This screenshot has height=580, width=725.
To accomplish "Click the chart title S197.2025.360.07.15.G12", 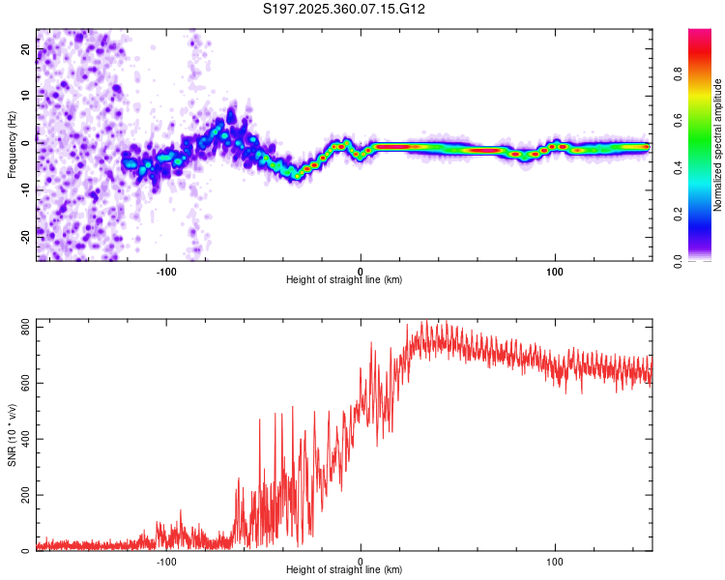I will pyautogui.click(x=345, y=9).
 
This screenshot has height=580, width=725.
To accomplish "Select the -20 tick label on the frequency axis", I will pyautogui.click(x=25, y=233).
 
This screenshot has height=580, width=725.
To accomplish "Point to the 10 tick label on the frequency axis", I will pyautogui.click(x=25, y=95).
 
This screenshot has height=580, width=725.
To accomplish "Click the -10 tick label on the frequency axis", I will pyautogui.click(x=25, y=188).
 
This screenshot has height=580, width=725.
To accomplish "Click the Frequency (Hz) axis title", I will pyautogui.click(x=12, y=145).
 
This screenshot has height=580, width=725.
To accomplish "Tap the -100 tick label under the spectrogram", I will pyautogui.click(x=165, y=270).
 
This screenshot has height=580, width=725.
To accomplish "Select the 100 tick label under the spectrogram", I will pyautogui.click(x=555, y=270).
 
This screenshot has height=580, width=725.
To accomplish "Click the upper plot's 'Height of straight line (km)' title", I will pyautogui.click(x=344, y=280).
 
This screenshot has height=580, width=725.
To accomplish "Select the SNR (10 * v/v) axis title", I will pyautogui.click(x=12, y=439).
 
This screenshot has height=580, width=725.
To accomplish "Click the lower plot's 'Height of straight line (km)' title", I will pyautogui.click(x=344, y=570).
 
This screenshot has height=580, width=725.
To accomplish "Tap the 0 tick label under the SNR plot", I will pyautogui.click(x=361, y=560).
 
